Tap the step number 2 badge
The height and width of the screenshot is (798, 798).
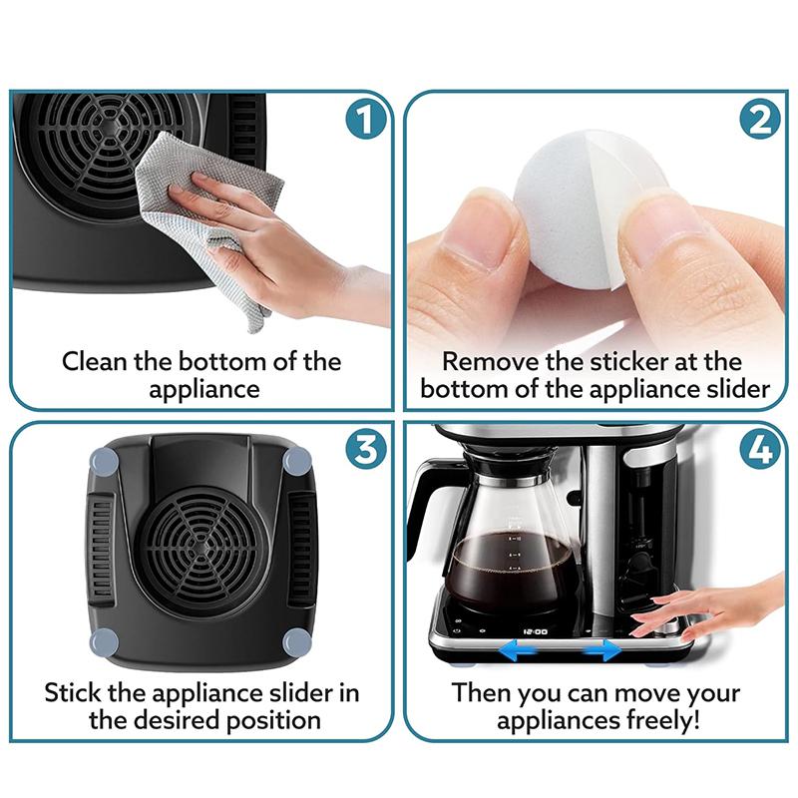760,122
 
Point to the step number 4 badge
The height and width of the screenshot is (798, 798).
760,451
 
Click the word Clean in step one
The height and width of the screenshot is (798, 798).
94,361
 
